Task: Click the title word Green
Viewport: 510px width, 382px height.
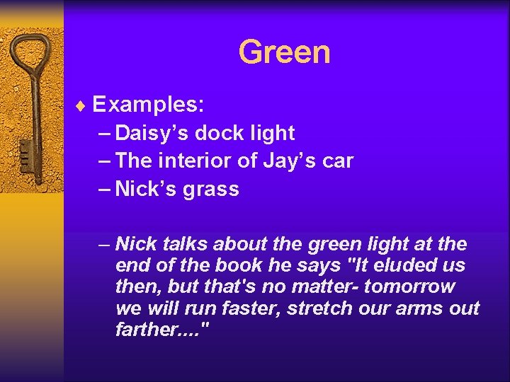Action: point(284,52)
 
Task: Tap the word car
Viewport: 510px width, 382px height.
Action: point(337,161)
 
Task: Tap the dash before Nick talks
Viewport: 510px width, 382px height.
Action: point(104,245)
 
